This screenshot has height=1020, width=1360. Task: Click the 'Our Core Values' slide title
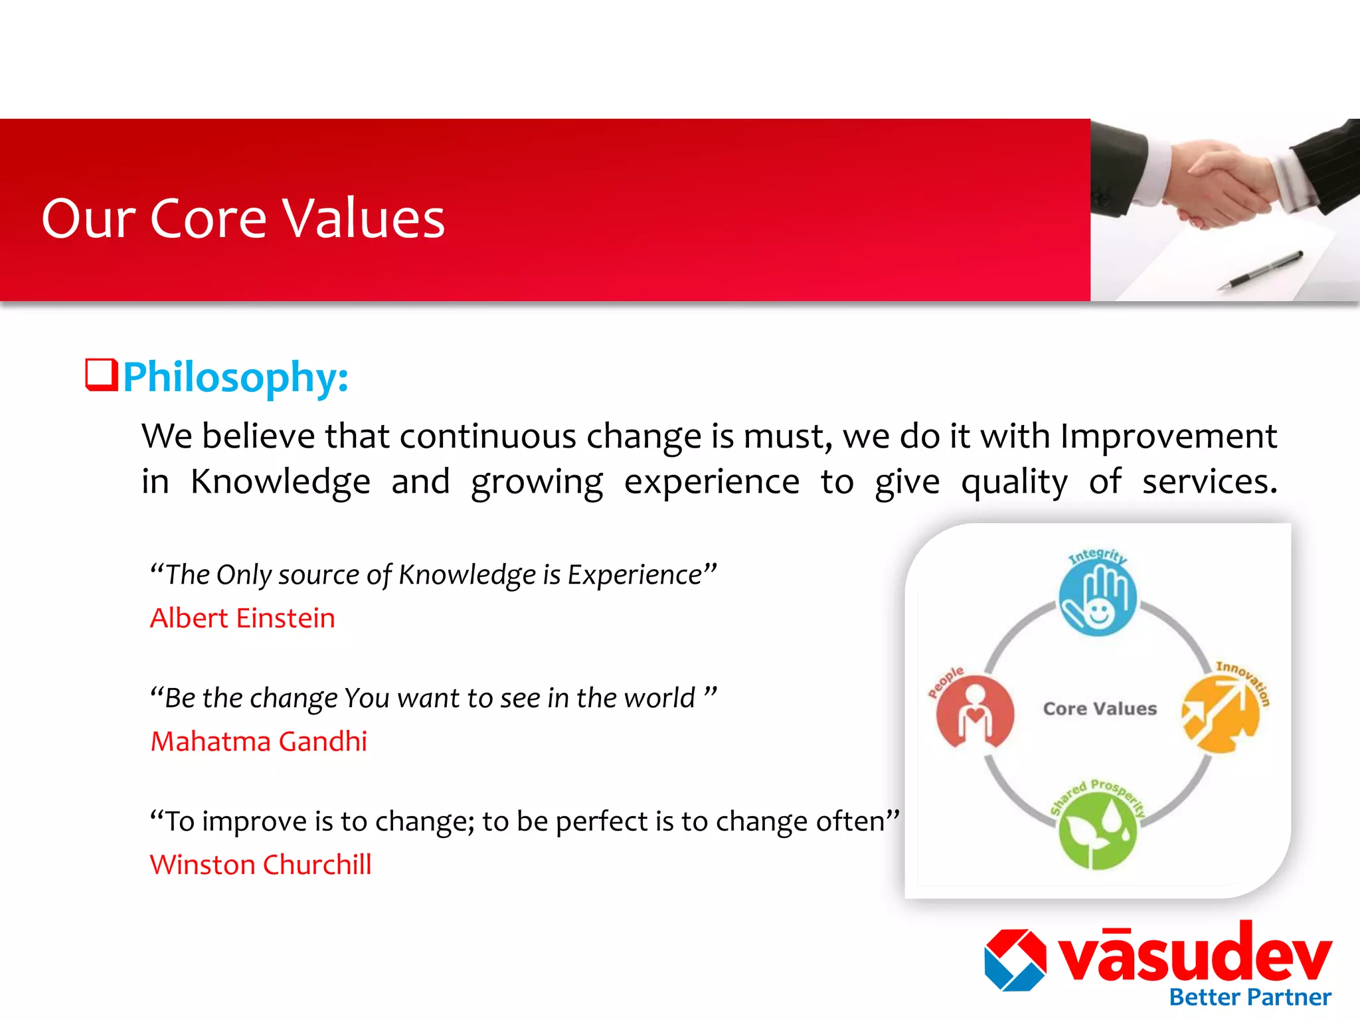[243, 218]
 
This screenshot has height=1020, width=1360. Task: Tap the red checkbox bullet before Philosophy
[102, 375]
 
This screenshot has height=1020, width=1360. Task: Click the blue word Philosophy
[235, 377]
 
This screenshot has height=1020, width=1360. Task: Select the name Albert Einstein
[242, 618]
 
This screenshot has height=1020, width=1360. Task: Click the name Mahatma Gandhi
[258, 742]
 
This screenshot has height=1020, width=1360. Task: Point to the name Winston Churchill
[260, 865]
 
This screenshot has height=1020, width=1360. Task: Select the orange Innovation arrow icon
[1221, 715]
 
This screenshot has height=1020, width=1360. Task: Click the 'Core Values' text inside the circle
[1100, 709]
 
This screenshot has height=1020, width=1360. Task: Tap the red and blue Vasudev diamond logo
[1015, 960]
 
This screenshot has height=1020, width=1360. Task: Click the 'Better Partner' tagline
[1250, 997]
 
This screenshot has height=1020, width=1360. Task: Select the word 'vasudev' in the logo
[1195, 954]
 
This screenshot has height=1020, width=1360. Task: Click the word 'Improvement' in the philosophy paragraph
[1168, 437]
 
